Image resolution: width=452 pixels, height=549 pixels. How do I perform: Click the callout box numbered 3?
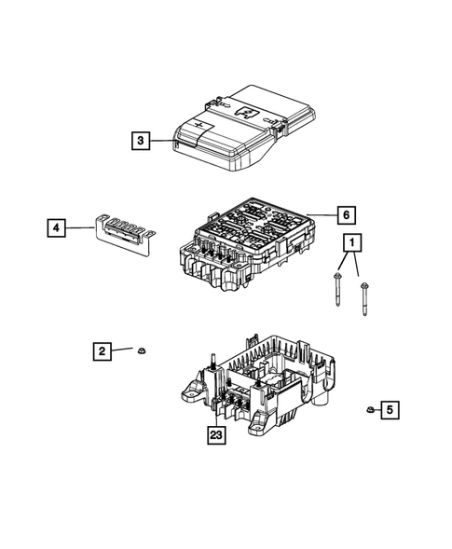(x=140, y=142)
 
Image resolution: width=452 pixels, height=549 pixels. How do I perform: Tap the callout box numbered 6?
(x=344, y=214)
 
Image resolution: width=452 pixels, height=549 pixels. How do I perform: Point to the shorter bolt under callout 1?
(x=335, y=291)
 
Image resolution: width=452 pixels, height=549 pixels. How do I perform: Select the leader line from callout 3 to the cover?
(x=162, y=142)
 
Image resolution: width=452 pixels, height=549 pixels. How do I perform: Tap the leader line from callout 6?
(x=322, y=214)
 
